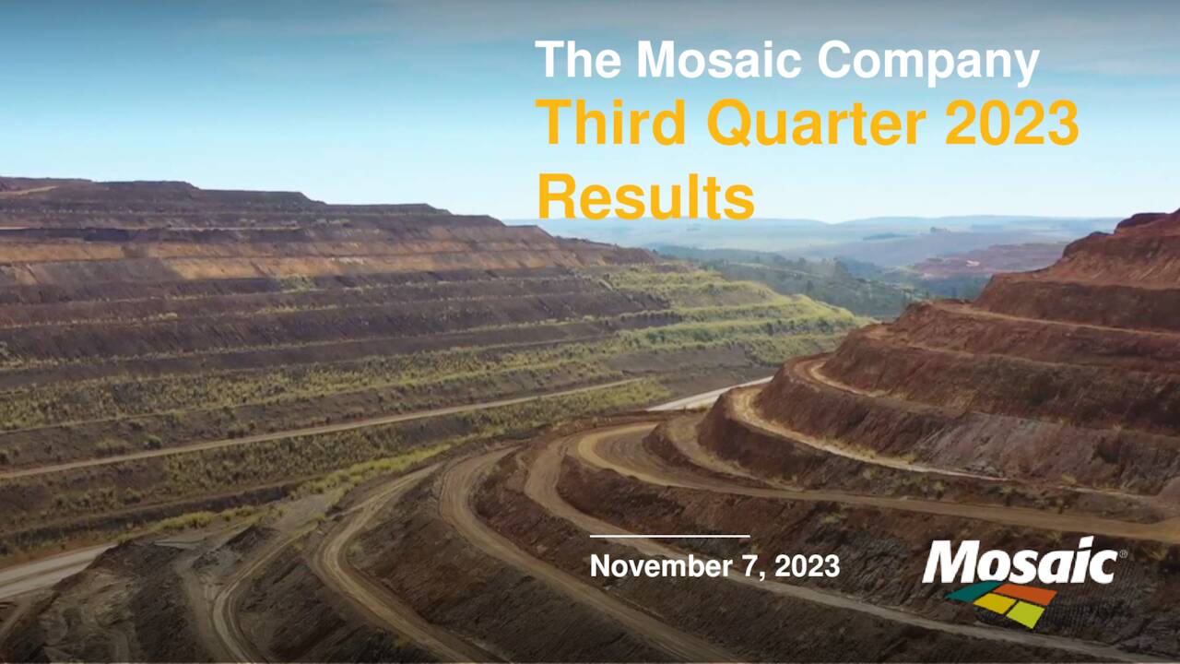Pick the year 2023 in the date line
pyautogui.click(x=807, y=566)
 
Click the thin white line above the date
pyautogui.click(x=669, y=536)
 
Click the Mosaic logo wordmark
pyautogui.click(x=1019, y=563)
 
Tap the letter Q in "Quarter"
pyautogui.click(x=728, y=124)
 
